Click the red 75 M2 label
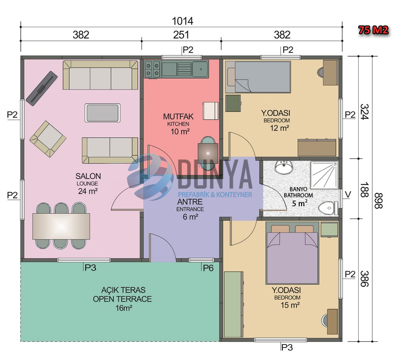pyautogui.click(x=373, y=30)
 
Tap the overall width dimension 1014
pyautogui.click(x=183, y=21)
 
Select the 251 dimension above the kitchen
pyautogui.click(x=181, y=35)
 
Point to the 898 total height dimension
pyautogui.click(x=378, y=201)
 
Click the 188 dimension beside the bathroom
pyautogui.click(x=364, y=190)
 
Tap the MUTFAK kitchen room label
pyautogui.click(x=178, y=117)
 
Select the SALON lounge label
pyautogui.click(x=88, y=176)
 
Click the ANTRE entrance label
pyautogui.click(x=190, y=202)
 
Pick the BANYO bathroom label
pyautogui.click(x=299, y=189)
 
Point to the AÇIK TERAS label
pyautogui.click(x=123, y=290)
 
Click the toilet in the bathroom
pyautogui.click(x=328, y=208)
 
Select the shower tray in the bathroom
pyautogui.click(x=324, y=175)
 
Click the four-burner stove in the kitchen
pyautogui.click(x=152, y=69)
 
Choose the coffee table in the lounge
pyautogui.click(x=103, y=113)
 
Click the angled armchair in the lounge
pyautogui.click(x=48, y=139)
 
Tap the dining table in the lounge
pyautogui.click(x=61, y=226)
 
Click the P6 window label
pyautogui.click(x=208, y=268)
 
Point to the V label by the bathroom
pyautogui.click(x=348, y=195)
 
